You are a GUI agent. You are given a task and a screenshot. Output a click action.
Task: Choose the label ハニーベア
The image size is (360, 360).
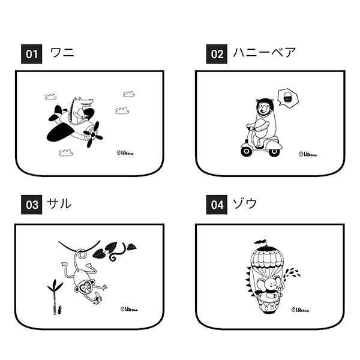(264, 53)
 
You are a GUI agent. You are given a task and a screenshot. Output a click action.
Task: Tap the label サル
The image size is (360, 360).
(60, 205)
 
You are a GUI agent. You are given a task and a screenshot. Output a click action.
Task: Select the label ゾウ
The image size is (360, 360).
(245, 205)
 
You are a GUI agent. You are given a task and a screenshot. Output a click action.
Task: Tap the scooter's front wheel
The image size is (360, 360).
(274, 151)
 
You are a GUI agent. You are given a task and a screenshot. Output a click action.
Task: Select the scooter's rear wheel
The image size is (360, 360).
(247, 151)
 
